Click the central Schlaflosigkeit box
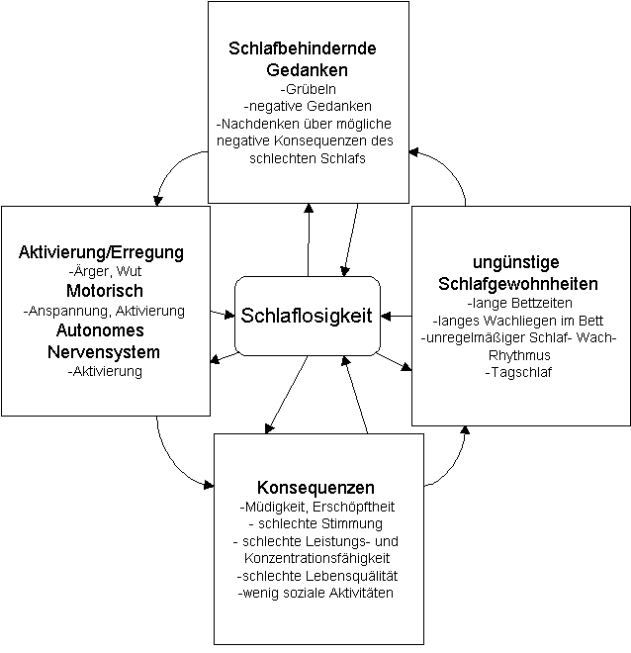(x=307, y=316)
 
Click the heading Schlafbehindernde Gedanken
(x=302, y=58)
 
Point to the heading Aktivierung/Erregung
(x=101, y=252)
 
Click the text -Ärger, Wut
(x=101, y=271)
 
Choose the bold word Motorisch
(x=105, y=291)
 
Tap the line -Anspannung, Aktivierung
(x=104, y=311)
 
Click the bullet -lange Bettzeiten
(x=520, y=302)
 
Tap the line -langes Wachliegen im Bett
(x=520, y=320)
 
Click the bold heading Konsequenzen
(x=315, y=488)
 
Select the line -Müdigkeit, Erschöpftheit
(x=315, y=507)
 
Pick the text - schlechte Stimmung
(x=315, y=523)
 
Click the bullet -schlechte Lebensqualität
(x=315, y=576)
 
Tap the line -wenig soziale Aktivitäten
(x=315, y=594)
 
